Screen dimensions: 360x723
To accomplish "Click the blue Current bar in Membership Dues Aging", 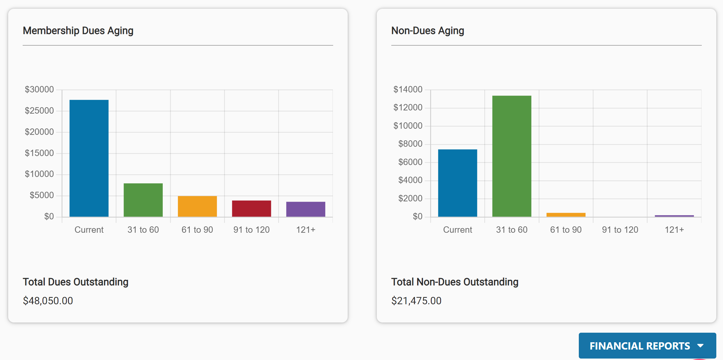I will coord(89,158).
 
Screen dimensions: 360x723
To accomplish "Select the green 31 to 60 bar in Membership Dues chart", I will coord(143,200).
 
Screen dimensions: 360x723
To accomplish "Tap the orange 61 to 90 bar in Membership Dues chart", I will coord(197,206).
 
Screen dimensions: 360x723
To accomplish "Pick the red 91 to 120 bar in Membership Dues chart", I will coord(251,208).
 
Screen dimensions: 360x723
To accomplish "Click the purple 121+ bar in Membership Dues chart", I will coord(306,209).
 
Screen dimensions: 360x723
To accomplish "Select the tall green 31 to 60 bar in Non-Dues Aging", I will coord(512,156).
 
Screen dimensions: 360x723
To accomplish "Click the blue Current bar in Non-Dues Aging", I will coord(457,183).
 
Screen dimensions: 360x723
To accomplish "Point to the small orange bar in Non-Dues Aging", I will coord(566,215).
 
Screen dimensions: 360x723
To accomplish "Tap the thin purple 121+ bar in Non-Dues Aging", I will coord(674,216).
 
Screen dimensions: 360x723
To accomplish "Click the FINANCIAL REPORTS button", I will coord(640,346).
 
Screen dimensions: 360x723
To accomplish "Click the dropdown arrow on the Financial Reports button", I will coord(701,346).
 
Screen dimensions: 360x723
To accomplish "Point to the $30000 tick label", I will coord(39,89).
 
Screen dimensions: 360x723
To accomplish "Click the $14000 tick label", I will coord(408,89).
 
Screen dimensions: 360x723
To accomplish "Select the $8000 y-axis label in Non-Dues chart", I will coord(410,144).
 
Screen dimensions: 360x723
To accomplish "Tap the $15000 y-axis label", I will coord(39,153).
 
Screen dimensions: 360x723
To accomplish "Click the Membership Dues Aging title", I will coord(78,31).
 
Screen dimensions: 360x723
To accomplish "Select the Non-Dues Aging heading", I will coord(427,31).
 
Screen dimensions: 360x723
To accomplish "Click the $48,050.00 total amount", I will coord(48,301).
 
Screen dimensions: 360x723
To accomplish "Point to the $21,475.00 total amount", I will coord(416,301).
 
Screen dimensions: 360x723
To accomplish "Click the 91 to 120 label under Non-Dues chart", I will coord(620,230).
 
